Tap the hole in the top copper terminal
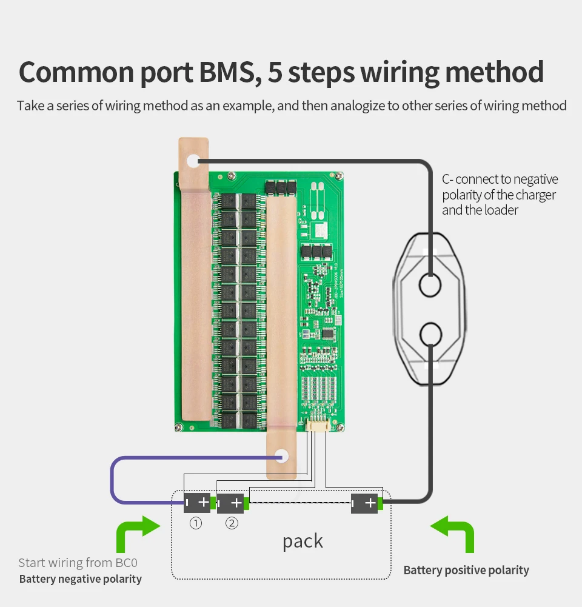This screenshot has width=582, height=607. click(193, 161)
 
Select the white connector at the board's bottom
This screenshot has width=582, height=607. click(318, 425)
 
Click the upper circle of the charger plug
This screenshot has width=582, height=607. click(430, 284)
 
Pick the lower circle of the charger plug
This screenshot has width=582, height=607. click(430, 334)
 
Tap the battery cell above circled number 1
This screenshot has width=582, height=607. click(198, 503)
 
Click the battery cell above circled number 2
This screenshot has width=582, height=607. click(232, 503)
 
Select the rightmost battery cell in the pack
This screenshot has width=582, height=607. click(366, 503)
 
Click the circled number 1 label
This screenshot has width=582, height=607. click(196, 523)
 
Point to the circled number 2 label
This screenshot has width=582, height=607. click(232, 523)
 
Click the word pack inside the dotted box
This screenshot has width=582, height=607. click(303, 542)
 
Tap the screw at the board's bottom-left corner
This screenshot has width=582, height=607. click(179, 427)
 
